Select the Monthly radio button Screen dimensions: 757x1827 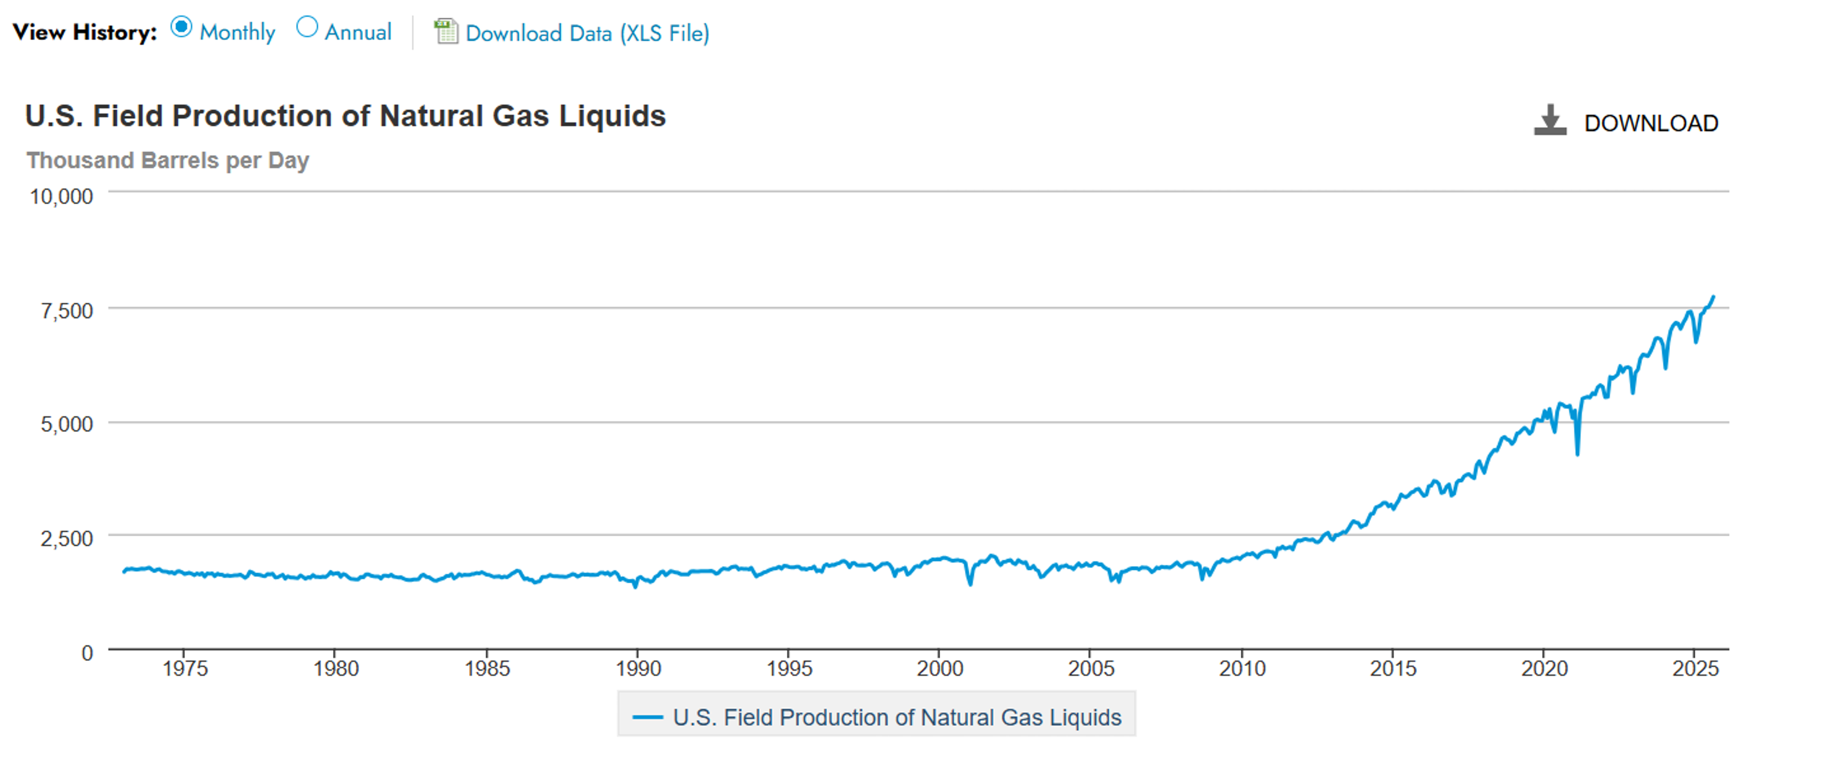pyautogui.click(x=182, y=28)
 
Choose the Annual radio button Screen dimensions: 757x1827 pyautogui.click(x=306, y=28)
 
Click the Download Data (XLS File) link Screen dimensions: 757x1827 pyautogui.click(x=587, y=33)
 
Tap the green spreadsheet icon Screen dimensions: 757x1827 pyautogui.click(x=445, y=31)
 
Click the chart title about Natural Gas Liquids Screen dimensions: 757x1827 pyautogui.click(x=345, y=116)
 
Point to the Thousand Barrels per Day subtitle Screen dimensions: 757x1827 pyautogui.click(x=167, y=160)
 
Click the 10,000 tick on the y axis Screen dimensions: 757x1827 pyautogui.click(x=61, y=197)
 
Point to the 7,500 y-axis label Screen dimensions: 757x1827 pyautogui.click(x=67, y=311)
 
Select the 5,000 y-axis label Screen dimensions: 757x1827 pyautogui.click(x=67, y=424)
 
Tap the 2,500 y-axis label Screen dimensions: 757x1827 pyautogui.click(x=67, y=538)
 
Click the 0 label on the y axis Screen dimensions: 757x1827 pyautogui.click(x=87, y=653)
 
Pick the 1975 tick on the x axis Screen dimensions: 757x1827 pyautogui.click(x=185, y=668)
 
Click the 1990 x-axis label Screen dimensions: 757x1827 pyautogui.click(x=638, y=668)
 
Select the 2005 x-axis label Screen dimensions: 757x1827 pyautogui.click(x=1091, y=668)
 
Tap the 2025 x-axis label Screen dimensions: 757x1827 pyautogui.click(x=1695, y=668)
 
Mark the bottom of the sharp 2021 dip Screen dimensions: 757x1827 pyautogui.click(x=1577, y=454)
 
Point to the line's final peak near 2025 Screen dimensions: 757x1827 pyautogui.click(x=1713, y=297)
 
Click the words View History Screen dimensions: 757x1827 pyautogui.click(x=84, y=32)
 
